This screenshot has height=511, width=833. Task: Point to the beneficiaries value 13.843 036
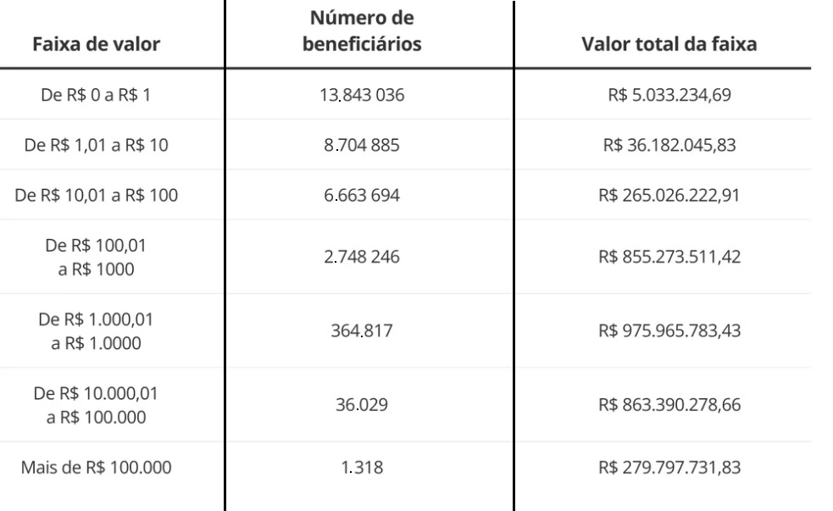362,96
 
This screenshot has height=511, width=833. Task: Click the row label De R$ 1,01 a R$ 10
96,146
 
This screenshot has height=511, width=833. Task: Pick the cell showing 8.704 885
362,146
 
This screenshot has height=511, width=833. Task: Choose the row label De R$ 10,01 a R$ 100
96,196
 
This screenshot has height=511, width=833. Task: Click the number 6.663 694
362,196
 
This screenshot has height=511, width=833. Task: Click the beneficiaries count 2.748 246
362,257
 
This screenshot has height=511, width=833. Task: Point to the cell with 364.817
362,330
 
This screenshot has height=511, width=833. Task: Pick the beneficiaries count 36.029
362,405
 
